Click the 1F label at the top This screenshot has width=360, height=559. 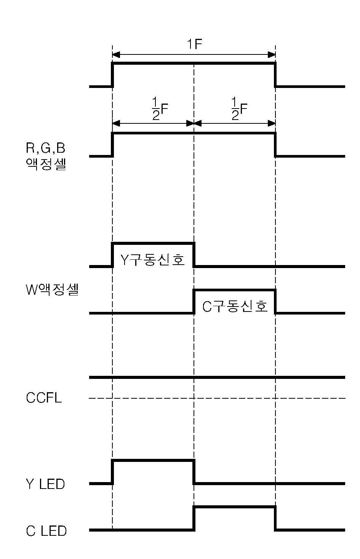pos(194,45)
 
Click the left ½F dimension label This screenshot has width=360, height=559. pos(160,109)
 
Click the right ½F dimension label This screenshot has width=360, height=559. pos(239,109)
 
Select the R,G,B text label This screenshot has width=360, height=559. pos(45,148)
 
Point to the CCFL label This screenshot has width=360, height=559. pos(43,398)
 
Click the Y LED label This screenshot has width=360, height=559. pos(45,484)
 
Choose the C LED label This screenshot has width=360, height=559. pos(46,531)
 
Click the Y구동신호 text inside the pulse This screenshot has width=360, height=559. pos(153,260)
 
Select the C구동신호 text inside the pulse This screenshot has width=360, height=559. pos(235,306)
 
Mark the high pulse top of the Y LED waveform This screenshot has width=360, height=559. pos(153,461)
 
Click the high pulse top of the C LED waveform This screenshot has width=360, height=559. pos(235,507)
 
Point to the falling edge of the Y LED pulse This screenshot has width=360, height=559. pos(194,472)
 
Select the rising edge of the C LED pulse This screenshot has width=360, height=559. pos(194,518)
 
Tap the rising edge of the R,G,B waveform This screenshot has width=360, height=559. pos(112,145)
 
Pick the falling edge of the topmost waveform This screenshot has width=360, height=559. pos(275,75)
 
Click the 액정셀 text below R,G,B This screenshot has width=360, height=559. pos(46,165)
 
